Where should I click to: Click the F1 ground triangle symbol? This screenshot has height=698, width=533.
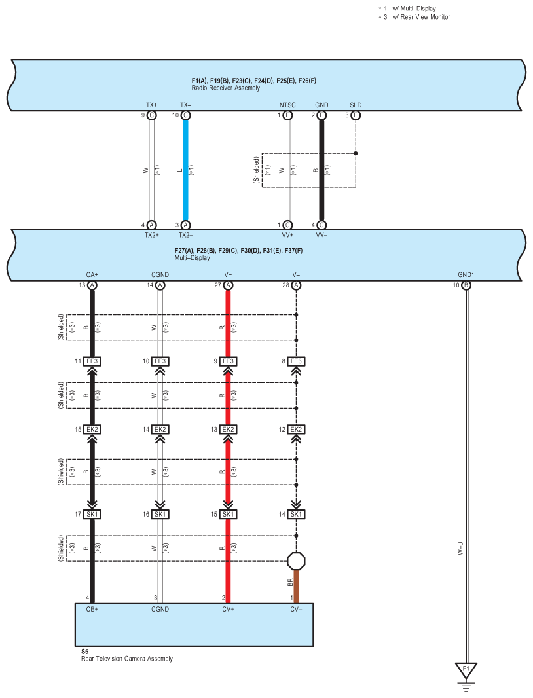click(466, 671)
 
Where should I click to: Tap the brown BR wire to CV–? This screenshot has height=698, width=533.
click(296, 586)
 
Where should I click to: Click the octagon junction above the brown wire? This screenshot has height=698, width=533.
click(296, 561)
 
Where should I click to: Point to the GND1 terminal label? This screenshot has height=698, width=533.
click(466, 275)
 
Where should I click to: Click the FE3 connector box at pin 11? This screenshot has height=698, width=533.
click(92, 361)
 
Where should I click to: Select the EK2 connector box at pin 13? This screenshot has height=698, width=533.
click(228, 430)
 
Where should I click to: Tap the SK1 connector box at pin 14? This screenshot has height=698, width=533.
click(296, 514)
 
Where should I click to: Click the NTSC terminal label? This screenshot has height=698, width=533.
click(287, 105)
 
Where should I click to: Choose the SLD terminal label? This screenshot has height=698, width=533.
click(356, 105)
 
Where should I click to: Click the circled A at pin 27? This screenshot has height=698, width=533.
click(228, 285)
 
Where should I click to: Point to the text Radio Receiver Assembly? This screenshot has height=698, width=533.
click(225, 88)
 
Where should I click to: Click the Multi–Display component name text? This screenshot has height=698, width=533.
click(193, 258)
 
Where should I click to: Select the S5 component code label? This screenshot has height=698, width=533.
click(84, 652)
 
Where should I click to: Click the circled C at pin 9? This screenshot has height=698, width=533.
click(151, 115)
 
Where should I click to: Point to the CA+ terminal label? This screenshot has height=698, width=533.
click(92, 275)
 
